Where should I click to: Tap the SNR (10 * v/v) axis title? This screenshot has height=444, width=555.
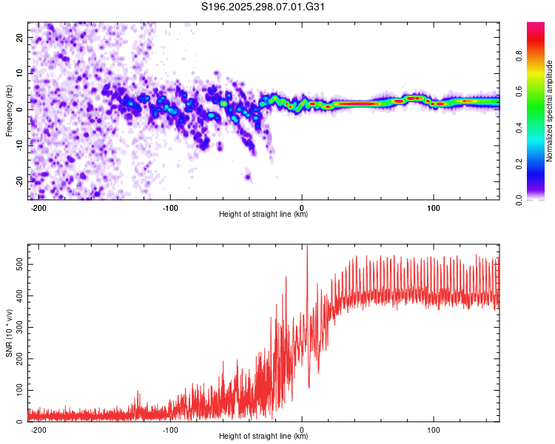coord(9,333)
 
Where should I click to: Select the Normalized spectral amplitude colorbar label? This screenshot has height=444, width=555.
coord(550,111)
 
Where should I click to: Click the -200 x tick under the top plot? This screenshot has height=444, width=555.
coord(38,208)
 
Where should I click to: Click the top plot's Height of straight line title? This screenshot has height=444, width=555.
coord(263,215)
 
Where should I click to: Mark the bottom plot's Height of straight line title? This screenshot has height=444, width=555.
coord(263,437)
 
